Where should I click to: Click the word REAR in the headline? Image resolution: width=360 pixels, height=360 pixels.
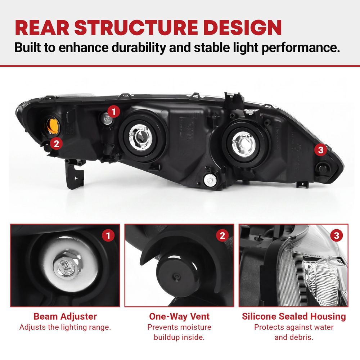click(42, 28)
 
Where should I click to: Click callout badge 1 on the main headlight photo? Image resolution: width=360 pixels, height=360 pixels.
click(114, 112)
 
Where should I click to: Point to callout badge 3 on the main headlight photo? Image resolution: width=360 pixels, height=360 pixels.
click(320, 150)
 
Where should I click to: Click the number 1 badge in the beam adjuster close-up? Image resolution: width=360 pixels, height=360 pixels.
click(108, 235)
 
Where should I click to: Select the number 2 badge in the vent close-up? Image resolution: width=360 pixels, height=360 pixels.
click(222, 235)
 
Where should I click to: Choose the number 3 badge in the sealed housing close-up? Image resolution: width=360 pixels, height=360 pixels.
click(337, 235)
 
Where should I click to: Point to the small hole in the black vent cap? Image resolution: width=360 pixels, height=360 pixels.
click(176, 275)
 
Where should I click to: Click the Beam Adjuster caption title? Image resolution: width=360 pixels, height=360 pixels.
click(65, 316)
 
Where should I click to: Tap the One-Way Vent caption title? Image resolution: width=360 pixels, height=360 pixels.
click(179, 316)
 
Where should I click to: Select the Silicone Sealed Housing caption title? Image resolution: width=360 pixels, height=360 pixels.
click(294, 316)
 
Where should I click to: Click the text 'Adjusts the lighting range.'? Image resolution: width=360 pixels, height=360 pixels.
click(65, 327)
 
